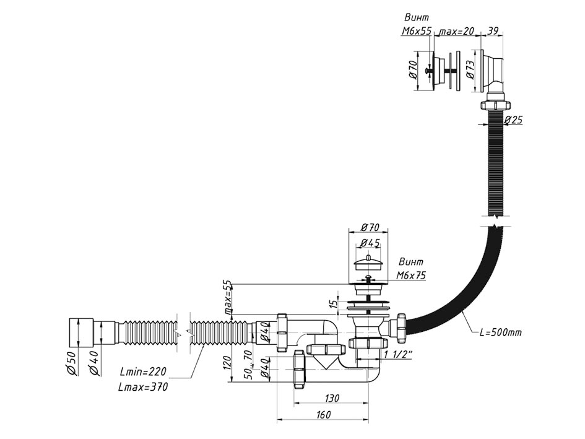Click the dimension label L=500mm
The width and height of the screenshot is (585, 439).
click(501, 333)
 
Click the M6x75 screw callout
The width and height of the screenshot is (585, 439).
click(411, 276)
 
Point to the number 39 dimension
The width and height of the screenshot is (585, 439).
click(493, 31)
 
